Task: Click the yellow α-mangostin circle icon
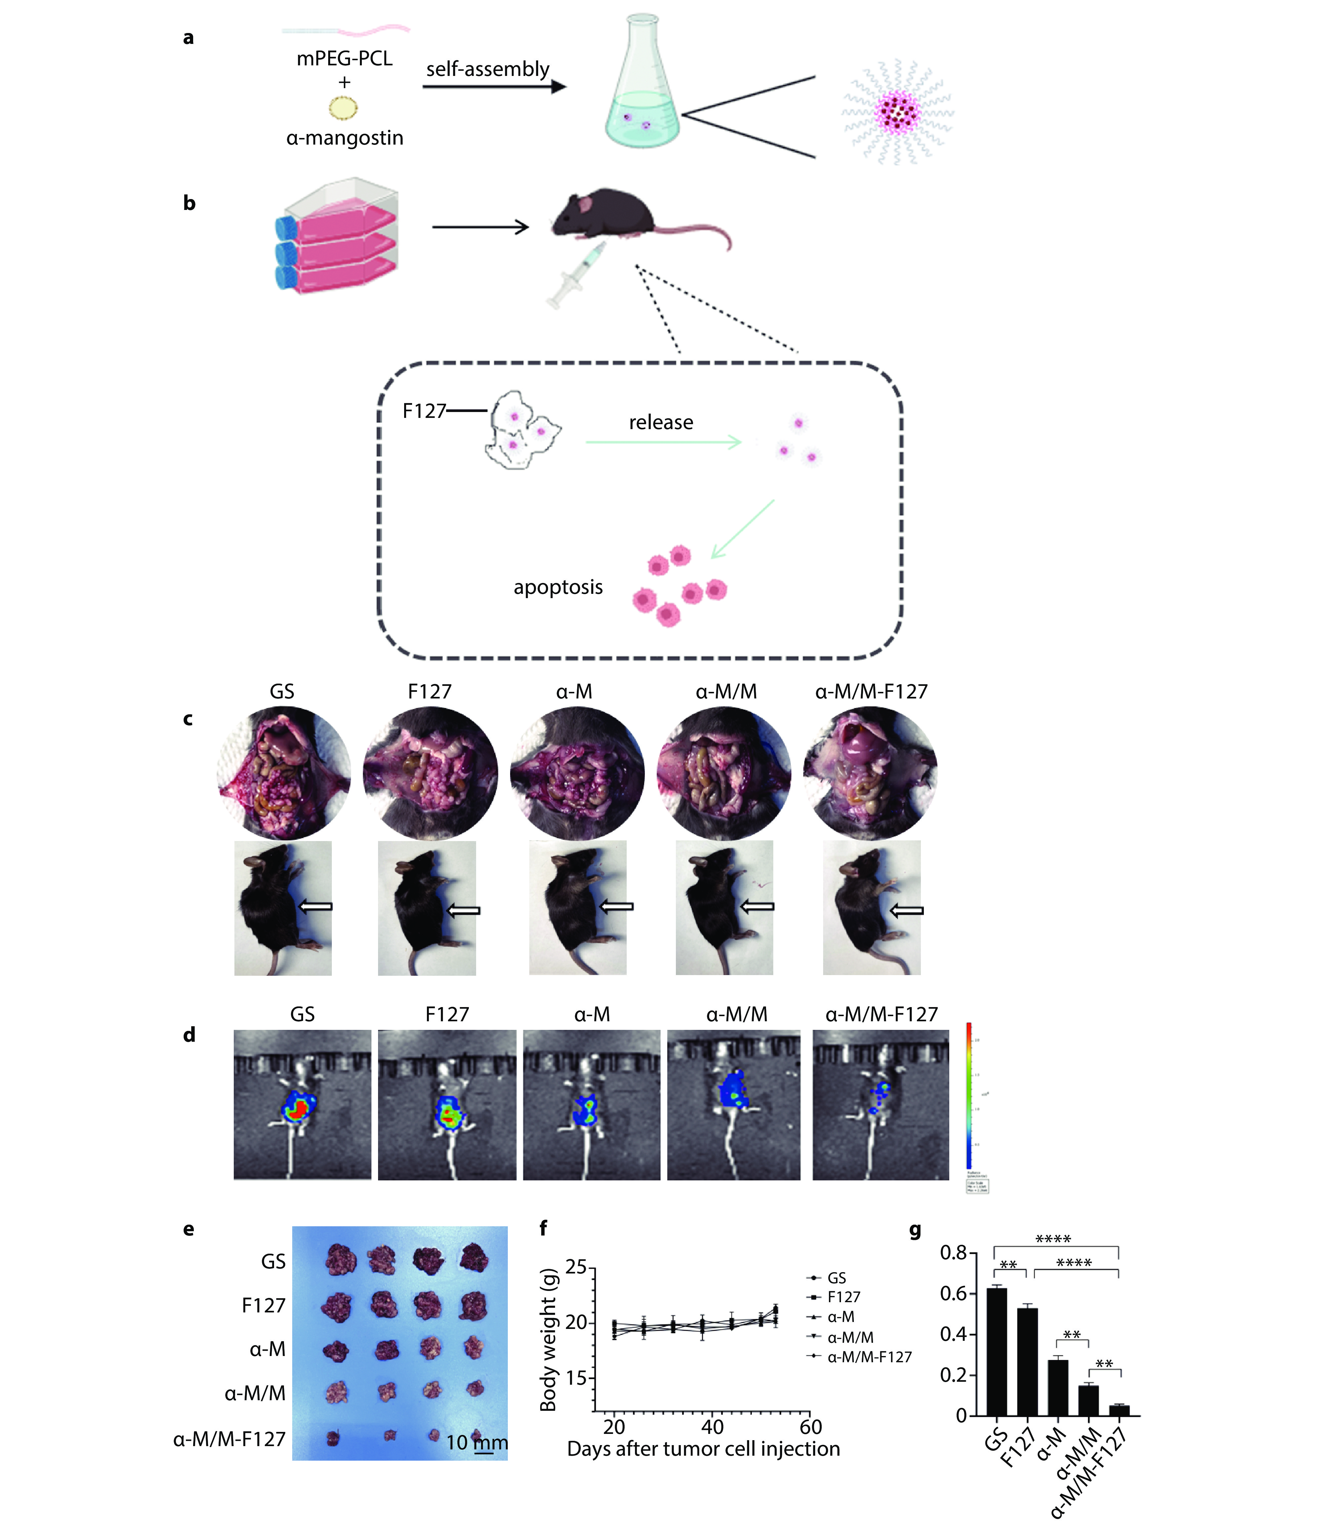click(343, 108)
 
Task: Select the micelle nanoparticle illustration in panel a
click(897, 113)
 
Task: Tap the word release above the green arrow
click(661, 422)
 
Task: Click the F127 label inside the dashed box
click(424, 411)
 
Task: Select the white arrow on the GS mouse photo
click(315, 906)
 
